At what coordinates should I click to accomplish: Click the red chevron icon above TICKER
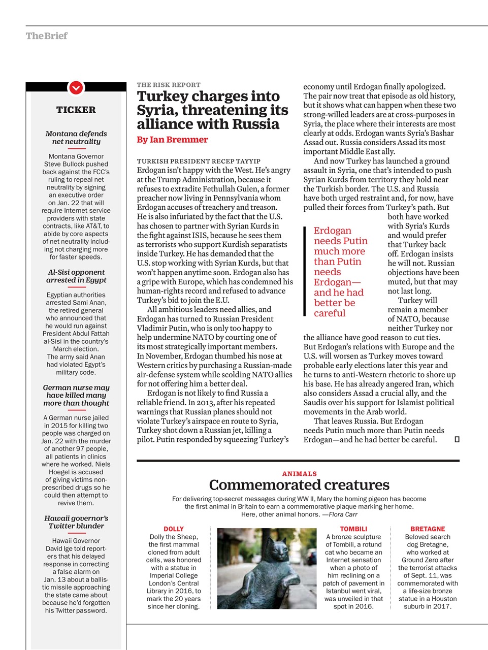click(76, 88)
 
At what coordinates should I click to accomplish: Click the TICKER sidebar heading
click(76, 110)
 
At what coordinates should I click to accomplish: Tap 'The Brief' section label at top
click(46, 36)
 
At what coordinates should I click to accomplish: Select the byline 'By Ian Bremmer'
click(172, 140)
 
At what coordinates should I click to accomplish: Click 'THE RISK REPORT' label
click(169, 85)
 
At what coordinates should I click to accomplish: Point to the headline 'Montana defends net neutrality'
click(76, 138)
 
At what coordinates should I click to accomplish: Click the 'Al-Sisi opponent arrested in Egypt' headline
click(76, 276)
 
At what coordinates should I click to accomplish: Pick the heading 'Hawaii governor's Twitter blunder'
click(76, 522)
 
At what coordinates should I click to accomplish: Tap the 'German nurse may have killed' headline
click(76, 395)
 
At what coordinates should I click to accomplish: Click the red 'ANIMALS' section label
click(299, 473)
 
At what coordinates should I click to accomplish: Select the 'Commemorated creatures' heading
click(299, 485)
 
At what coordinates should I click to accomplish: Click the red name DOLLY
click(174, 529)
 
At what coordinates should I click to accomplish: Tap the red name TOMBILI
click(353, 529)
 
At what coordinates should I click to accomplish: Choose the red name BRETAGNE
click(428, 529)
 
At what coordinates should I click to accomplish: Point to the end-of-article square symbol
click(457, 440)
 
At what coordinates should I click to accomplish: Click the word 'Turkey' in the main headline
click(162, 96)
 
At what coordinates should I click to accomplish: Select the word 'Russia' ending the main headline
click(254, 124)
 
